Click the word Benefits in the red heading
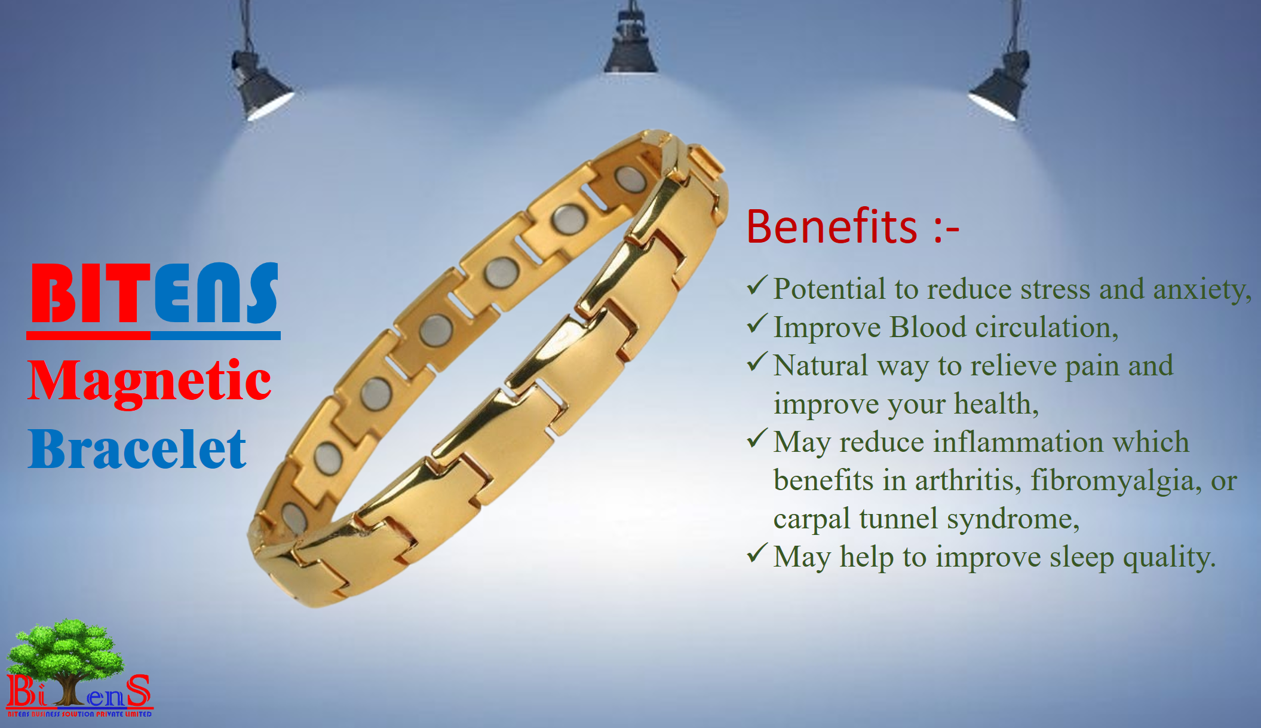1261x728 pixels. [x=832, y=227]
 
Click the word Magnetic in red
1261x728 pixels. [x=149, y=383]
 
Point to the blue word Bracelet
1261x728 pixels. [x=137, y=449]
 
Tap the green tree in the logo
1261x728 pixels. [x=66, y=654]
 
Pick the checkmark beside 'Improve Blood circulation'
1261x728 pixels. [x=757, y=325]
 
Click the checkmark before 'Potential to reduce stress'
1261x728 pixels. [x=757, y=286]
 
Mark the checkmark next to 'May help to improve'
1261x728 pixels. [x=757, y=554]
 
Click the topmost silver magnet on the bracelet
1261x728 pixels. [x=630, y=179]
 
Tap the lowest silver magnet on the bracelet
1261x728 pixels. [x=294, y=518]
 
